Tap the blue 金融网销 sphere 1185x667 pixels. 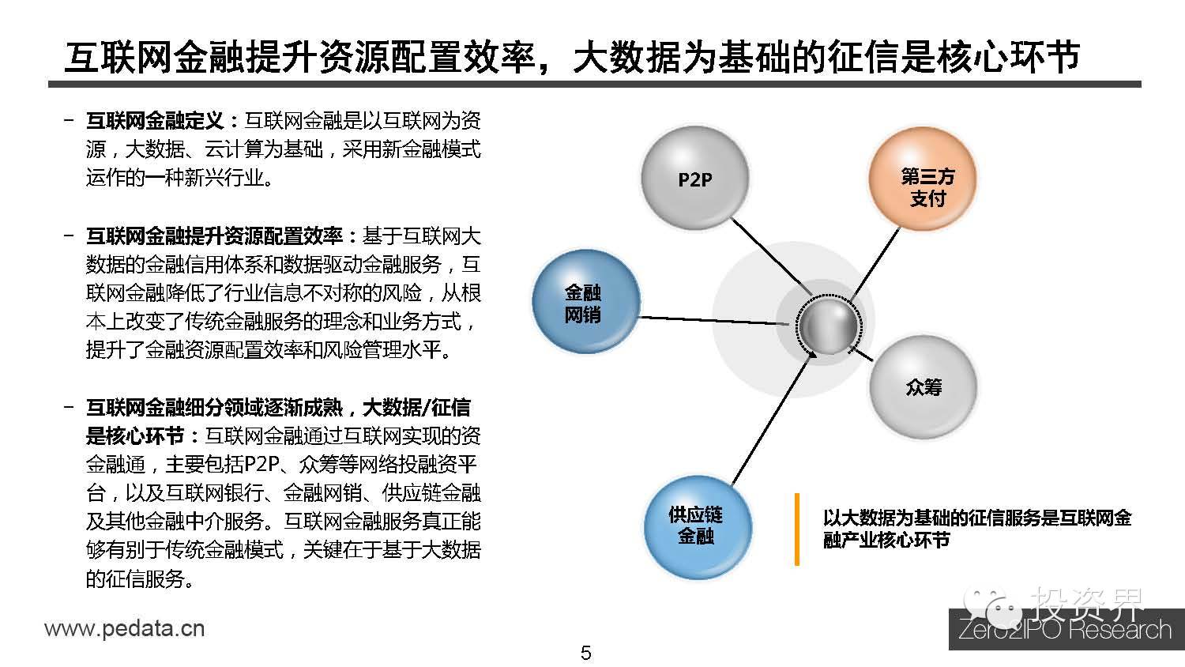[x=584, y=303]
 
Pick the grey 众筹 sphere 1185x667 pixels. [x=923, y=387]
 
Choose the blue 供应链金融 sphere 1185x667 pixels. [x=696, y=526]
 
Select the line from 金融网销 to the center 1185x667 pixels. [x=711, y=320]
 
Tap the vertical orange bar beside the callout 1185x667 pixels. [x=796, y=529]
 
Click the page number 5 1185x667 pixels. [x=585, y=653]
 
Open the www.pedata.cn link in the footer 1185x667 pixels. [x=124, y=629]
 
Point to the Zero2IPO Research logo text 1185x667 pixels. [x=1065, y=631]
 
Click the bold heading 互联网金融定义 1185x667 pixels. [x=155, y=121]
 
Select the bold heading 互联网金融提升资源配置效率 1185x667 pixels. [x=214, y=236]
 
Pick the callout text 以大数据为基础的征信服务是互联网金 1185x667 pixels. [x=976, y=518]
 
